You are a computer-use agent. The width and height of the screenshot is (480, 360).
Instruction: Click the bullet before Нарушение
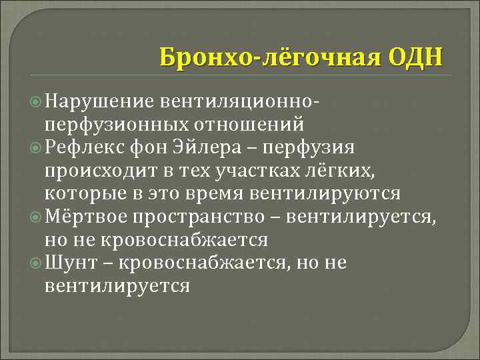coord(37,101)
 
